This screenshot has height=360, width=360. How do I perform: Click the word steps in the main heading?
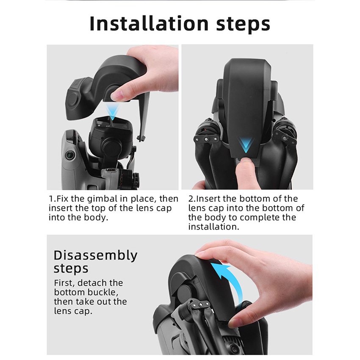[243, 24]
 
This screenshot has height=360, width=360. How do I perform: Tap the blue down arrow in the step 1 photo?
[113, 111]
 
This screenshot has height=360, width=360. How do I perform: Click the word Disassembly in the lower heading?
[96, 255]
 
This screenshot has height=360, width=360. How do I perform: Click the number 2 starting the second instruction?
[191, 199]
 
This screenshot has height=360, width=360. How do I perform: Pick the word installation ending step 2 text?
[214, 227]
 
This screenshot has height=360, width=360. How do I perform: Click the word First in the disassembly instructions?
[64, 283]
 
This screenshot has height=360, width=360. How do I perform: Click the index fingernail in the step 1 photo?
[116, 95]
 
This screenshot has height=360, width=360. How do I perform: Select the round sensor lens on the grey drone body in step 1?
[69, 155]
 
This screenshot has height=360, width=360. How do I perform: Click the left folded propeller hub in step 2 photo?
[206, 138]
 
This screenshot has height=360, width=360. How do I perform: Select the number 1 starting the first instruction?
[51, 199]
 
